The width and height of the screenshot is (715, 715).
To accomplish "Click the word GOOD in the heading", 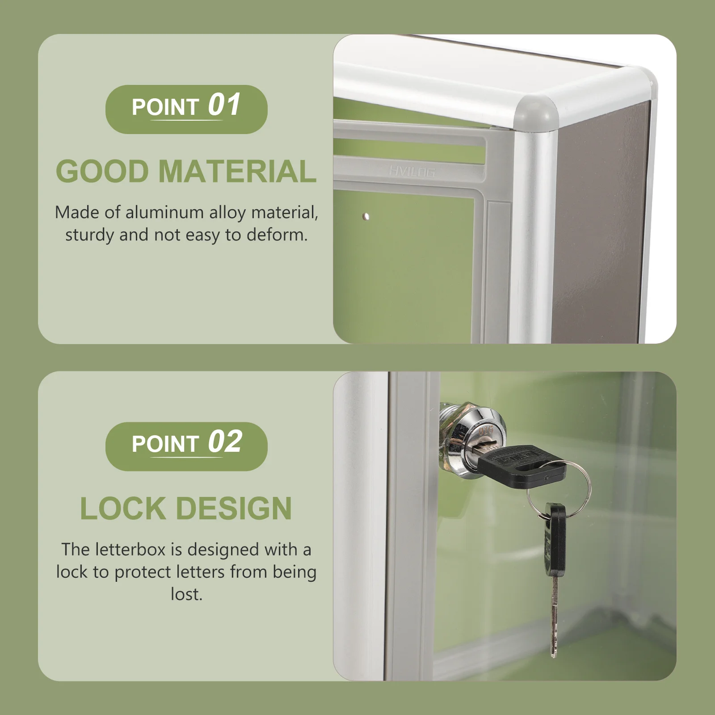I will (102, 172).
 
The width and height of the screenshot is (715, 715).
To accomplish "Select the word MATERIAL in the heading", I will (237, 172).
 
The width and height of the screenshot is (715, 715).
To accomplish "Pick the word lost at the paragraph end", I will (186, 594).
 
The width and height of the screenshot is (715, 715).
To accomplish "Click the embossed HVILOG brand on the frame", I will (412, 172).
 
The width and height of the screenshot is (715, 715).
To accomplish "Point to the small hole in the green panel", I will (366, 217).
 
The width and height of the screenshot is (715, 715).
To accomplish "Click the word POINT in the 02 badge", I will (165, 444).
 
